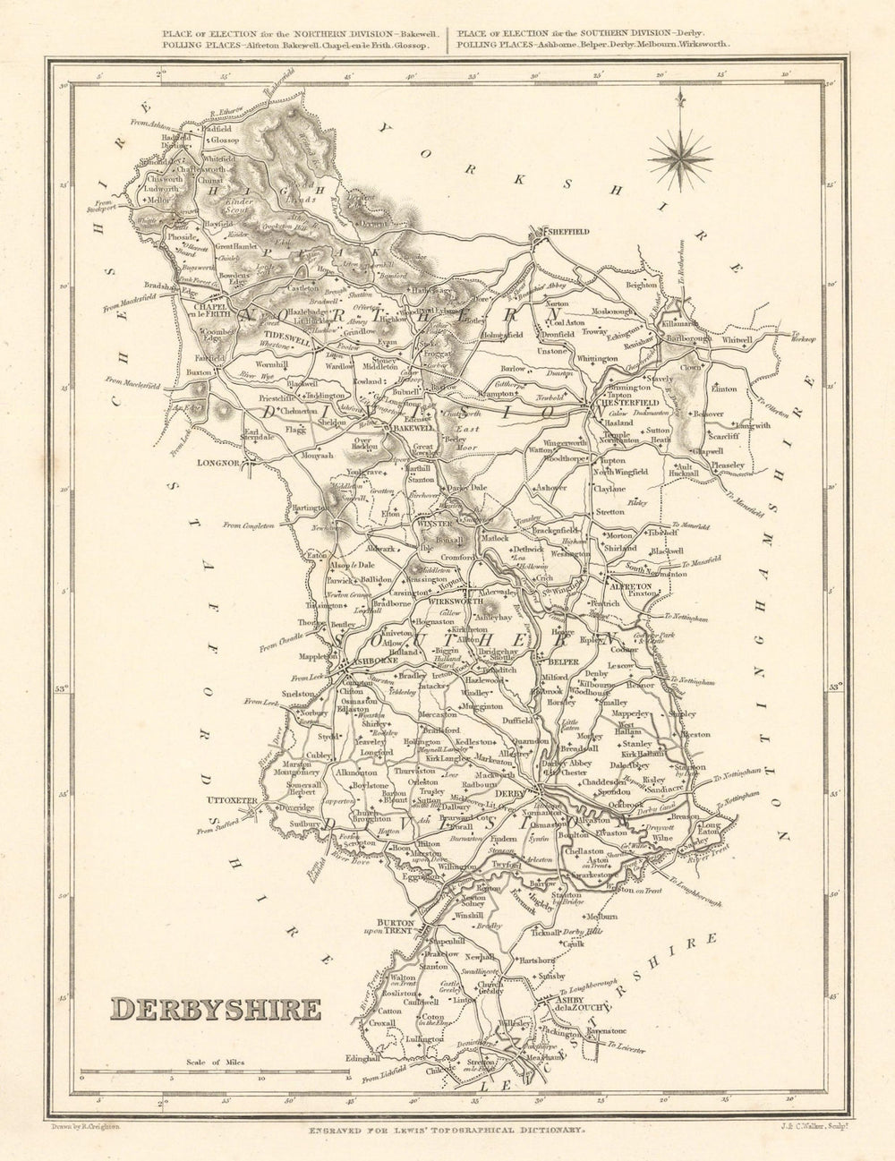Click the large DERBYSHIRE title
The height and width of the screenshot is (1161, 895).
[x=215, y=1009]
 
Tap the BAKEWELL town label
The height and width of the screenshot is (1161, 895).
[x=410, y=429]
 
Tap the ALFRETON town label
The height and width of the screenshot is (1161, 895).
[x=627, y=581]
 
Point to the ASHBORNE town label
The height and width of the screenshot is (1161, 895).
[x=364, y=664]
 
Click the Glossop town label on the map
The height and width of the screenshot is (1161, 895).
[x=224, y=140]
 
